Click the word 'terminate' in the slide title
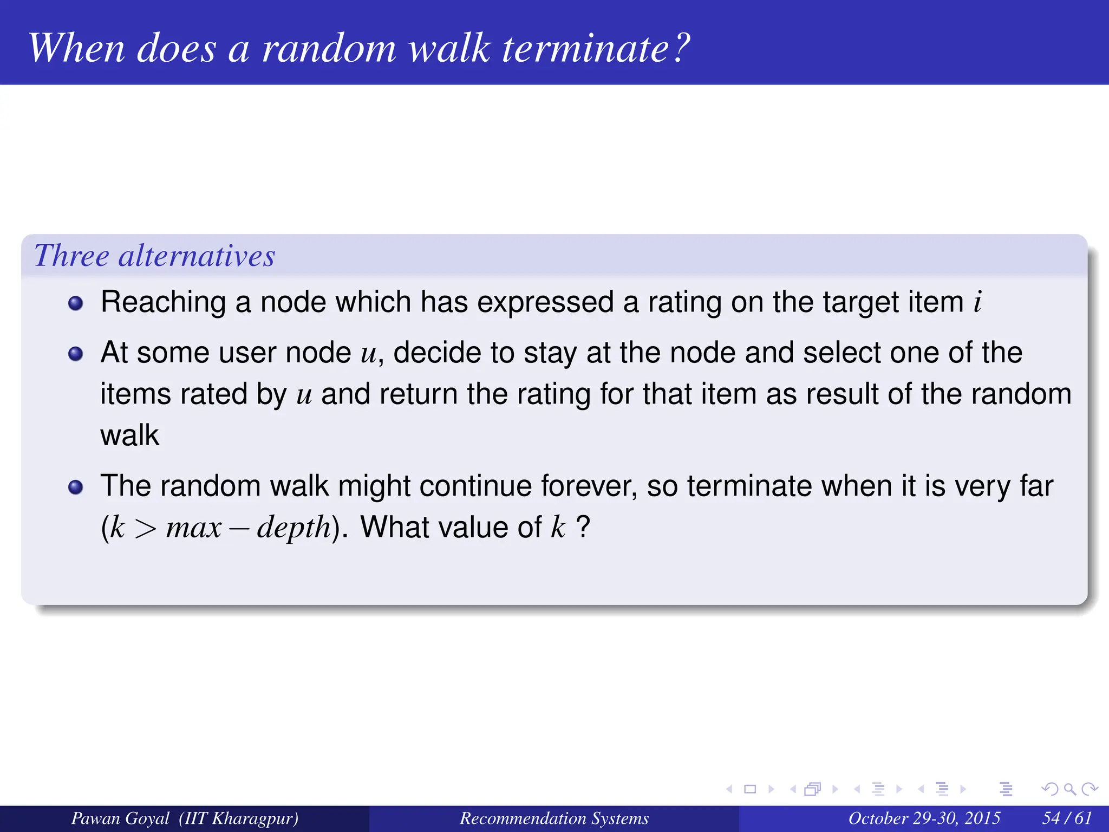[587, 49]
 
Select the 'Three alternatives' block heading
[155, 256]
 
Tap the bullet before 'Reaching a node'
[76, 303]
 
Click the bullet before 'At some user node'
[76, 354]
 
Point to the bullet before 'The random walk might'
[76, 487]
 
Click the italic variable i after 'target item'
[977, 302]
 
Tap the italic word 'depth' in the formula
[293, 527]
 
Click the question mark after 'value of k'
[583, 526]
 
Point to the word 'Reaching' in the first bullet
[163, 302]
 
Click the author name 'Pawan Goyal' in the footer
[120, 818]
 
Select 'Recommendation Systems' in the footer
[554, 818]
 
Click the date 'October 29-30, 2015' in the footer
[924, 818]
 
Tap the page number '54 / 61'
[1067, 818]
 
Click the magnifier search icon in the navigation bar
[1069, 789]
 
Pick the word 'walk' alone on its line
[129, 435]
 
